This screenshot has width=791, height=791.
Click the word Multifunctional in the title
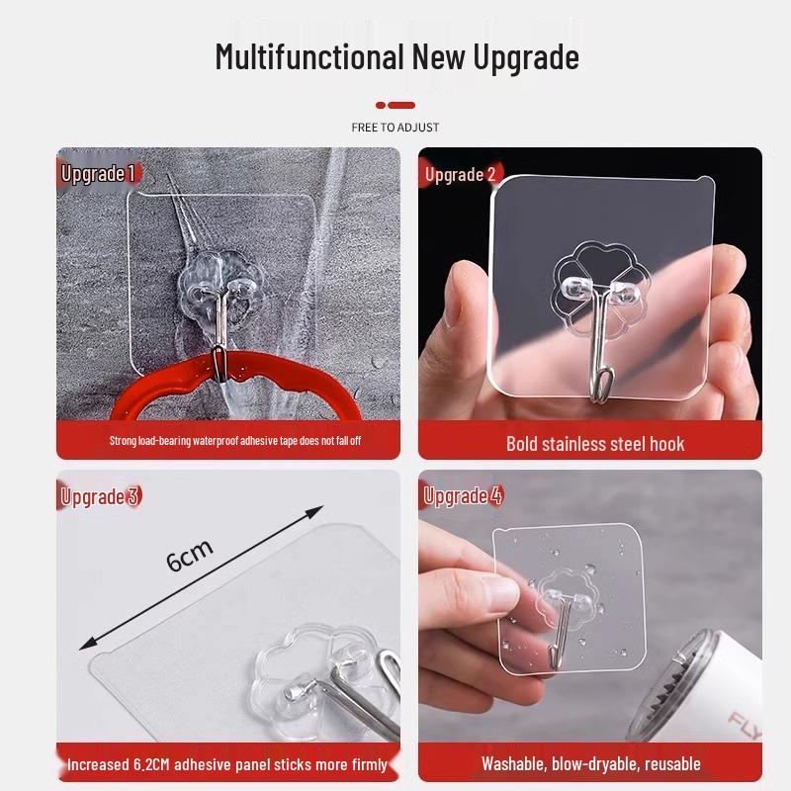(308, 56)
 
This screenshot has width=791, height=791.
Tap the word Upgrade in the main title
(524, 58)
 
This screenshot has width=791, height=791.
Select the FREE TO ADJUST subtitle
(395, 128)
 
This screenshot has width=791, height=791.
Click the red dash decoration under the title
(395, 104)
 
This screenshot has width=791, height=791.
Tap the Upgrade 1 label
(97, 175)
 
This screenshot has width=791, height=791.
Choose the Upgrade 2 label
(460, 176)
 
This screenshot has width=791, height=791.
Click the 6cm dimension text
(190, 557)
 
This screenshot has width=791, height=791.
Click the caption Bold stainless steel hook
(595, 444)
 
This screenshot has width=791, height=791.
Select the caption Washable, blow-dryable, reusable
(590, 763)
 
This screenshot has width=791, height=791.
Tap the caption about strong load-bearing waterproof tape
(234, 440)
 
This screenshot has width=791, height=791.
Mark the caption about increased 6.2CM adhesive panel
(227, 764)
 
